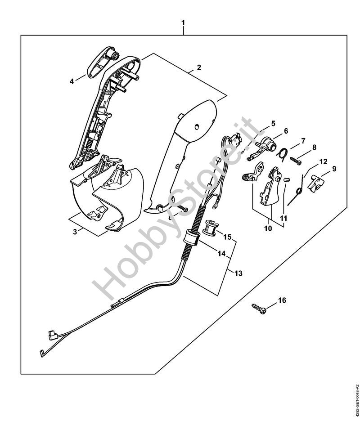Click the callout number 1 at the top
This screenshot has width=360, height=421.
point(183,23)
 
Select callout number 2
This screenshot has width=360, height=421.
point(199,67)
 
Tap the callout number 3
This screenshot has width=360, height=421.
point(75,231)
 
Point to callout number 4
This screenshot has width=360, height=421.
point(72,81)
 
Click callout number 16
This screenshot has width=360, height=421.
point(282,300)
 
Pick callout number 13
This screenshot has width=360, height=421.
point(238,273)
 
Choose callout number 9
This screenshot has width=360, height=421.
point(334,169)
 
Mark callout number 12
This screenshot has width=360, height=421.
point(324,161)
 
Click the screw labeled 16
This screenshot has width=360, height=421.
point(259,309)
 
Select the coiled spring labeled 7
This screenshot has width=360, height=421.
point(282,154)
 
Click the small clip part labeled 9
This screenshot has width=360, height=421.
point(317,184)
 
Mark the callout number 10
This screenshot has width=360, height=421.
point(268,228)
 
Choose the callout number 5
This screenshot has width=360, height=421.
point(273,124)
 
